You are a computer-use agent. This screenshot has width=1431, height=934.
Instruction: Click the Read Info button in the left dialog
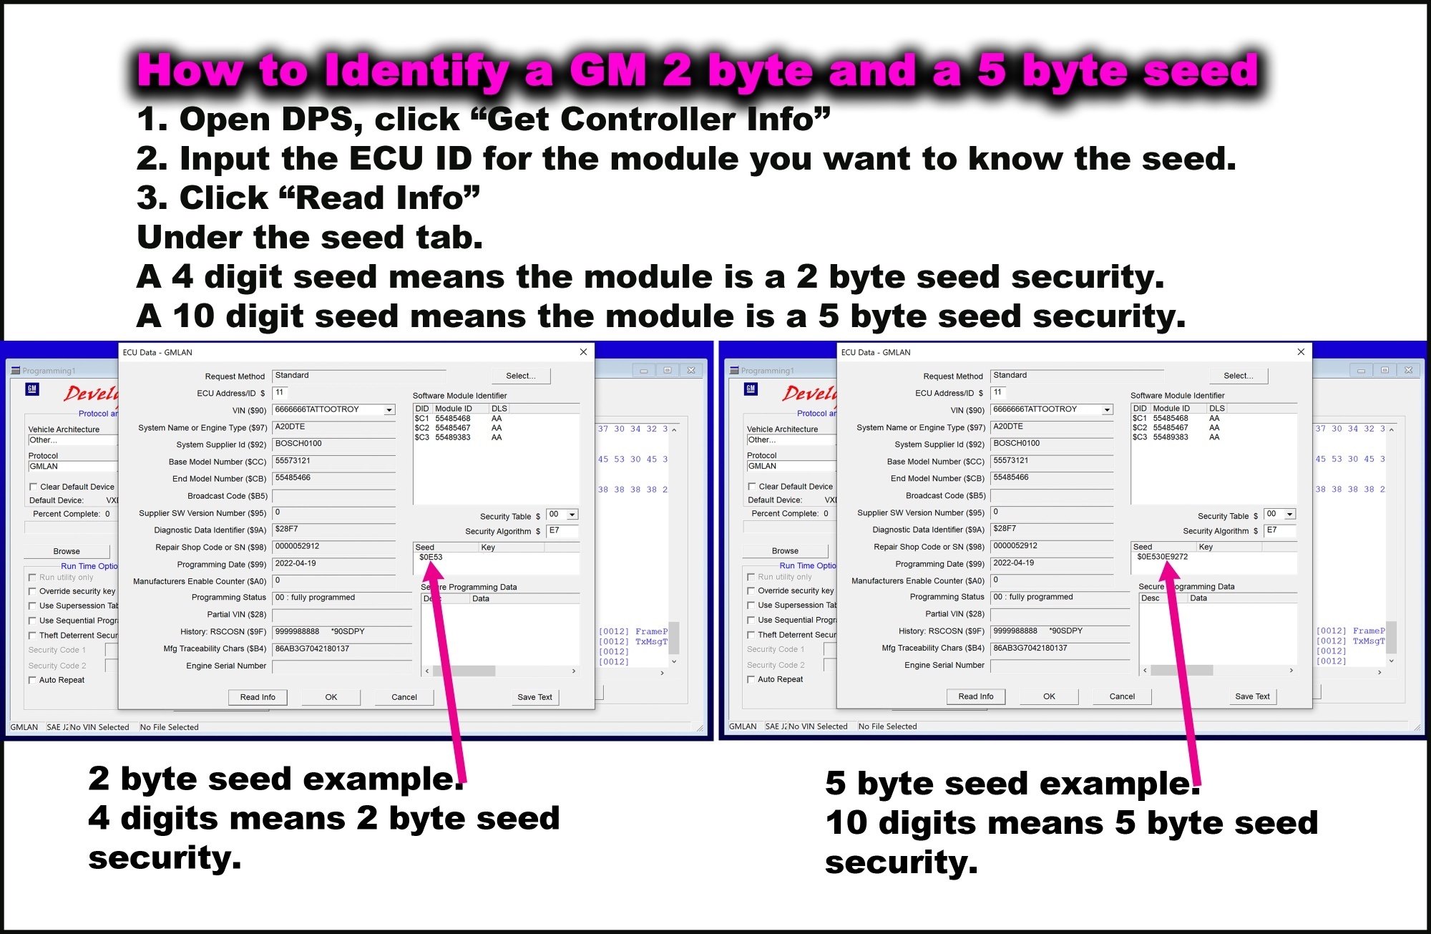pos(258,697)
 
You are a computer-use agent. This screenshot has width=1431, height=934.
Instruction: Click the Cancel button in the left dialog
pos(404,697)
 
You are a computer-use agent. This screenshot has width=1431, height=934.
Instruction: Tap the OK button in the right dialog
pos(1049,696)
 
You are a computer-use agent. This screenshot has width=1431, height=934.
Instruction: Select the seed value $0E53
pos(431,558)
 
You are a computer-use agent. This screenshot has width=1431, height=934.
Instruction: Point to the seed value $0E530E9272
pos(1162,557)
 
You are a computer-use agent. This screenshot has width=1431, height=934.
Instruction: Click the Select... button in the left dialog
pos(521,376)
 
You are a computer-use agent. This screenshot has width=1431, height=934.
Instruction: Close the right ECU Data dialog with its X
pos(1301,352)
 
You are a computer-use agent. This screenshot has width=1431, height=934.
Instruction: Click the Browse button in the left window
pos(67,551)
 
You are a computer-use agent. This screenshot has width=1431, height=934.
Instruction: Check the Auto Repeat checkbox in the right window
pos(752,679)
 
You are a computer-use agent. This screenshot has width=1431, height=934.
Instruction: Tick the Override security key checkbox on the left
pos(33,591)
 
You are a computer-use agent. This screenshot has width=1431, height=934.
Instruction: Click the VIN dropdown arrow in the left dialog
pos(389,410)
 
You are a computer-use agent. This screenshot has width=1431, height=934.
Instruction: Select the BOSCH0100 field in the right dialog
pos(1051,444)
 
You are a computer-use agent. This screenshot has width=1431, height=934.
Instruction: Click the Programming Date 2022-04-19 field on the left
pos(333,564)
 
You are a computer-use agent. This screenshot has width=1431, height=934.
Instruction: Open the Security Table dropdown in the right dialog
pos(1289,514)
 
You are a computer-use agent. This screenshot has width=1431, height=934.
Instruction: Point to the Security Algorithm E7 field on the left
pos(562,530)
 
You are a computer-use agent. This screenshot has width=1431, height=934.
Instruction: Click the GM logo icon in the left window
pos(31,389)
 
